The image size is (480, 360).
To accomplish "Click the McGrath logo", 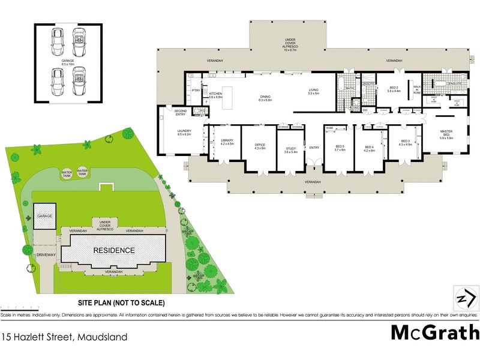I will (x=436, y=332).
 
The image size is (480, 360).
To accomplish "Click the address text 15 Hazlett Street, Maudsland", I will (x=64, y=337).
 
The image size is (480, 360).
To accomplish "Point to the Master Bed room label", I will (x=446, y=134).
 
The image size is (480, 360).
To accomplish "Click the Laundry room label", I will (x=184, y=133).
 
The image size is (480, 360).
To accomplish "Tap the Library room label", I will (x=226, y=142).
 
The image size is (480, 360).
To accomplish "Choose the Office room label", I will (x=260, y=146).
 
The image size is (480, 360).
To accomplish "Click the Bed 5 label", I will (x=340, y=148).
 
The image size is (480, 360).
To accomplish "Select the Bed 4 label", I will (x=369, y=148).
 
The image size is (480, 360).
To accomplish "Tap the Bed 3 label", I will (x=406, y=142).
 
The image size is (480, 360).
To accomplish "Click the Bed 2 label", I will (x=394, y=88).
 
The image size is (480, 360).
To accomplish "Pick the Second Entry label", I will (x=181, y=112).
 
